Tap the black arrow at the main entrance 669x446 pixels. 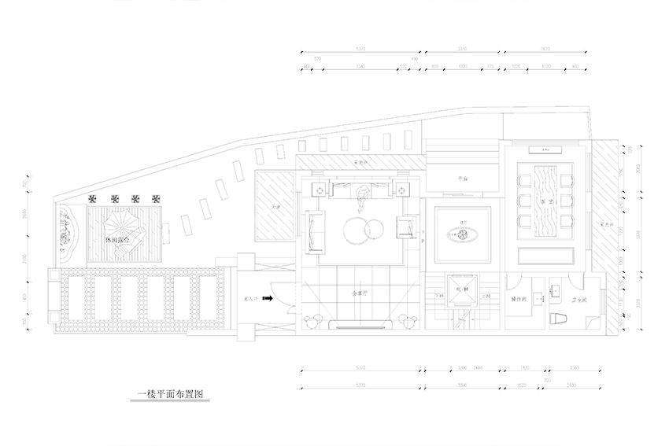(x=268, y=299)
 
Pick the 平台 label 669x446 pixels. (x=464, y=179)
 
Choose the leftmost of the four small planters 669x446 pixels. (x=93, y=198)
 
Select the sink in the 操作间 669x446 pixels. (x=539, y=298)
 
